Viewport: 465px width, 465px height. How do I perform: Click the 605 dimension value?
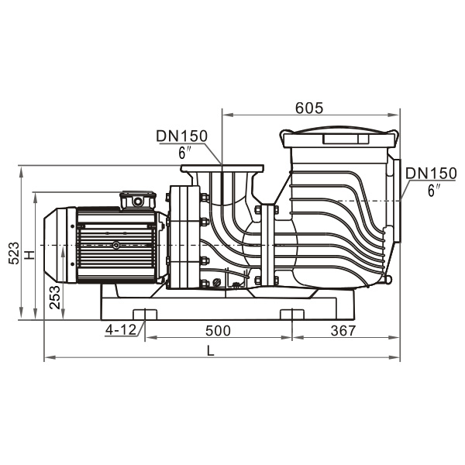click(x=308, y=108)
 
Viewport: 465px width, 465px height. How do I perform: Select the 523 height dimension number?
click(x=14, y=253)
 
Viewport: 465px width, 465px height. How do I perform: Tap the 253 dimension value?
click(x=55, y=297)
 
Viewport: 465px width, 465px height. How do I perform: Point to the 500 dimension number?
click(x=218, y=331)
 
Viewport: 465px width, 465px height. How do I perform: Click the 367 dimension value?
click(x=343, y=331)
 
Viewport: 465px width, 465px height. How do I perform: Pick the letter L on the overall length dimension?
click(x=210, y=351)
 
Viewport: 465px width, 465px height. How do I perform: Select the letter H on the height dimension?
click(x=29, y=254)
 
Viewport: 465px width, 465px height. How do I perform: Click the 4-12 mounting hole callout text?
click(x=121, y=329)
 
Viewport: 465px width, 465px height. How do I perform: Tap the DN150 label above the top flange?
click(x=182, y=136)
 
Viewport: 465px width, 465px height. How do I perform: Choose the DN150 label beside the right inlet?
click(x=431, y=173)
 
